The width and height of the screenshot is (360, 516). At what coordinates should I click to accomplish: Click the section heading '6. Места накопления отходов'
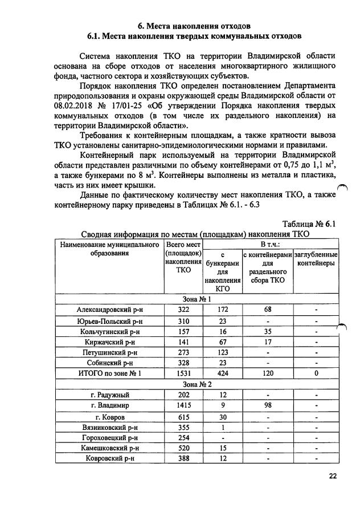click(194, 26)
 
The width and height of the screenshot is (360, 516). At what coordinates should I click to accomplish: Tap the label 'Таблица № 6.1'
click(309, 224)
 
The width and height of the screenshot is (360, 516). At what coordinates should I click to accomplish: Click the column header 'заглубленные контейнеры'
click(315, 259)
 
